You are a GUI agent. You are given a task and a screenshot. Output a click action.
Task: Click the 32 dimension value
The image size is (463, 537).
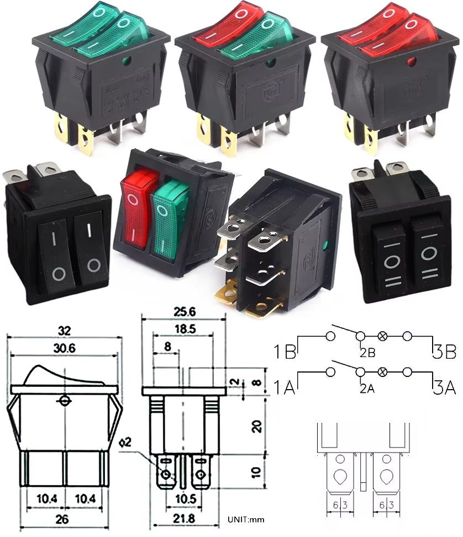(x=65, y=332)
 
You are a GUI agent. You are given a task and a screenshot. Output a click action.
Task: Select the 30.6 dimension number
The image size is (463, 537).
(x=65, y=348)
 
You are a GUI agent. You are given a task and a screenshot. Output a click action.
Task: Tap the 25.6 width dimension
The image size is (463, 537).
(x=183, y=312)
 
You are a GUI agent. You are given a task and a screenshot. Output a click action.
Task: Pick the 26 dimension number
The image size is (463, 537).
(x=65, y=520)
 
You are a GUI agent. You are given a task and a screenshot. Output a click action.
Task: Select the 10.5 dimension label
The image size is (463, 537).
(x=183, y=499)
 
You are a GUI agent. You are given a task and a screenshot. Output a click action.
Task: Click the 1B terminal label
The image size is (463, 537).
(x=285, y=351)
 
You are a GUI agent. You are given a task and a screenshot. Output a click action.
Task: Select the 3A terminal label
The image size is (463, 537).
(x=444, y=388)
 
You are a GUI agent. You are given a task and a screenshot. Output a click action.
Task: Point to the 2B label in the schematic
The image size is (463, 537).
(x=367, y=352)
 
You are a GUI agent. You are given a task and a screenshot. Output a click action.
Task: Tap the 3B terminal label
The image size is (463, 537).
(x=444, y=351)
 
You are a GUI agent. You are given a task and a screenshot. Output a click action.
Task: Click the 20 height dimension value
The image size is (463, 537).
(x=256, y=426)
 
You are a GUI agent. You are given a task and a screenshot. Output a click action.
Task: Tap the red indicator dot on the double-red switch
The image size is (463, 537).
(x=411, y=62)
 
